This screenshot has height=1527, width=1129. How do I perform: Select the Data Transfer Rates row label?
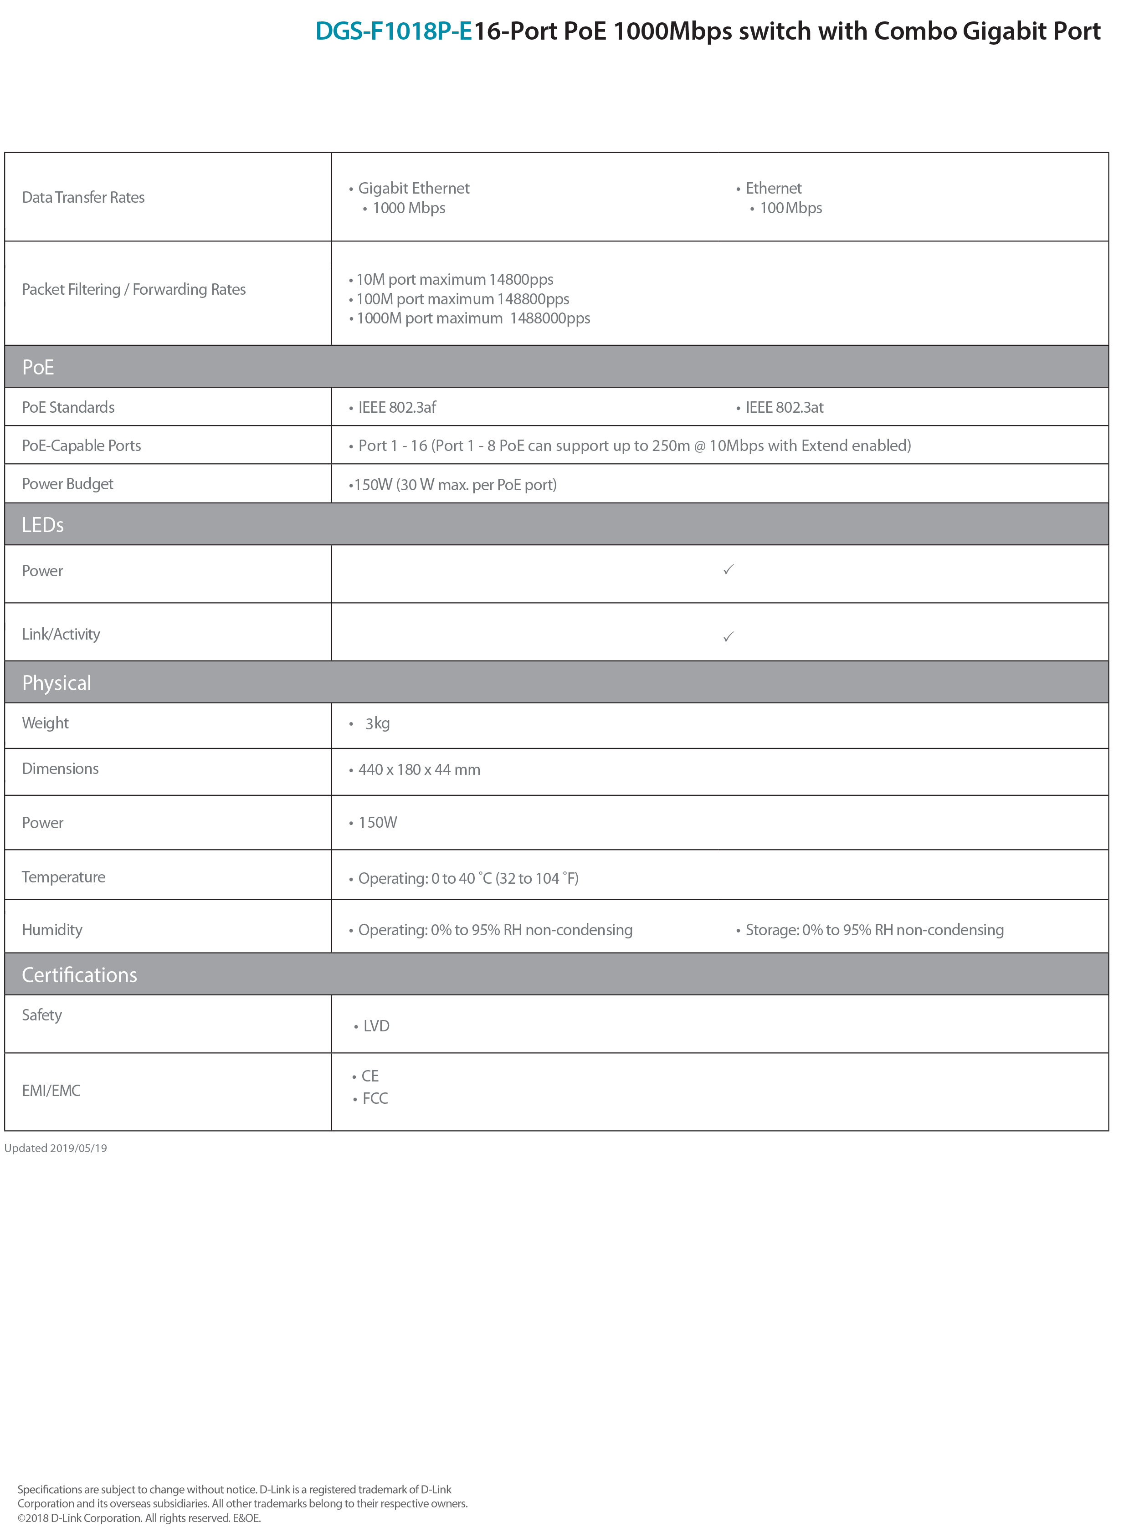[x=83, y=197]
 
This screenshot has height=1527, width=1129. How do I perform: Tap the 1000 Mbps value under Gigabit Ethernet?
[x=409, y=208]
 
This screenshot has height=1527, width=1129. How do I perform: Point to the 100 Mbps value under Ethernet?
[x=791, y=208]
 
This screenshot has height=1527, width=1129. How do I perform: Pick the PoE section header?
[x=38, y=368]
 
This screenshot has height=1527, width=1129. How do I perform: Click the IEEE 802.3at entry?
[x=785, y=408]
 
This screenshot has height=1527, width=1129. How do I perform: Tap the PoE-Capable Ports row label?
[x=81, y=446]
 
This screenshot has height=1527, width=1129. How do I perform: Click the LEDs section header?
[x=42, y=525]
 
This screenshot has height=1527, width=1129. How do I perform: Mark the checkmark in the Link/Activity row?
[x=729, y=637]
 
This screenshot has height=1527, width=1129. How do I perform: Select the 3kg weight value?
[x=377, y=723]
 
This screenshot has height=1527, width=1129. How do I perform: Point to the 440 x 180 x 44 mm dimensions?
[x=419, y=770]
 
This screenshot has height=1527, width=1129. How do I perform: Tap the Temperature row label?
[x=64, y=877]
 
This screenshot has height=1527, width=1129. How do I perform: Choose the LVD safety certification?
[x=376, y=1026]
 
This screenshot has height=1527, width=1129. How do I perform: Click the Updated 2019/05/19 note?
[x=56, y=1148]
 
